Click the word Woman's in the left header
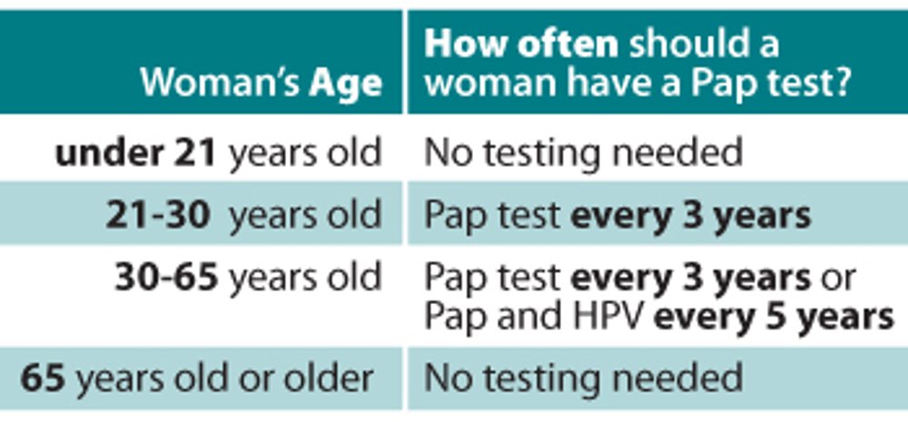pos(220,83)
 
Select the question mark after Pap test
pos(841,83)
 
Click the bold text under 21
pos(135,153)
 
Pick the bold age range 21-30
pos(157,215)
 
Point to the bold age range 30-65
pos(167,277)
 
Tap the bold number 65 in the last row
pos(43,378)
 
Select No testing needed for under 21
pos(583,153)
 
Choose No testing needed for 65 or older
pos(583,378)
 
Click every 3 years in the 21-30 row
pos(691,216)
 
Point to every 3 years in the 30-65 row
pos(691,278)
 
